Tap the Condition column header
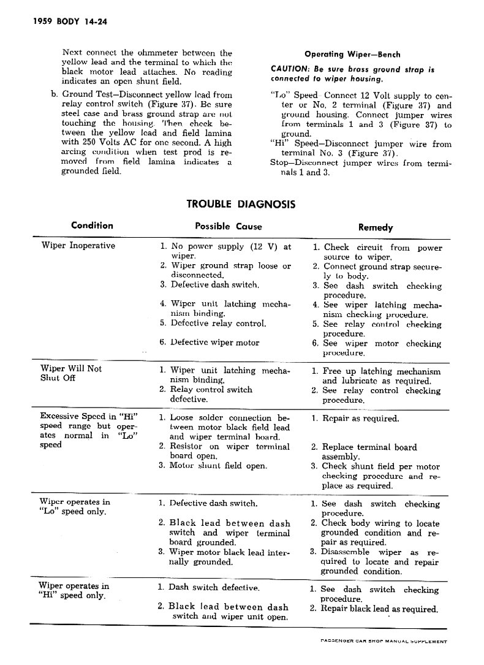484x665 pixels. click(92, 226)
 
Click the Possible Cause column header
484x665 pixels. click(228, 226)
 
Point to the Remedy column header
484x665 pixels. click(376, 227)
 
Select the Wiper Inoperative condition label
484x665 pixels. click(78, 246)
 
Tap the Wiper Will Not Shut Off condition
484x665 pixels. click(71, 373)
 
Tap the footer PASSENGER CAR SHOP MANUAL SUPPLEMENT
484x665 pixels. click(384, 642)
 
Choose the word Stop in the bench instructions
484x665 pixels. click(279, 163)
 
